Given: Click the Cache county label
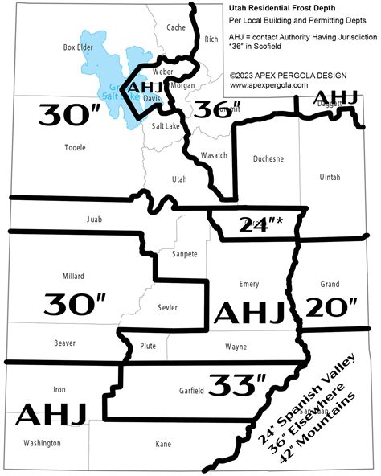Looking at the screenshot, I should pyautogui.click(x=175, y=27).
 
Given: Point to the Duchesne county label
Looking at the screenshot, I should pyautogui.click(x=268, y=159).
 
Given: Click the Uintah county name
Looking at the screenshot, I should pyautogui.click(x=330, y=174).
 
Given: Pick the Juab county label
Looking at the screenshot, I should pyautogui.click(x=94, y=219).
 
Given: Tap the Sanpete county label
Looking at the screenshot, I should pyautogui.click(x=184, y=254).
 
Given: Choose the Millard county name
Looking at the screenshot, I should pyautogui.click(x=72, y=276).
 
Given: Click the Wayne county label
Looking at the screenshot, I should pyautogui.click(x=236, y=347).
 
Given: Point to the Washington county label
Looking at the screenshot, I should pyautogui.click(x=42, y=443).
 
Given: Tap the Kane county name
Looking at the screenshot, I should pyautogui.click(x=163, y=443).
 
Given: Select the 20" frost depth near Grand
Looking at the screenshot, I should pyautogui.click(x=331, y=307).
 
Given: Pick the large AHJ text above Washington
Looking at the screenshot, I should pyautogui.click(x=51, y=414).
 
